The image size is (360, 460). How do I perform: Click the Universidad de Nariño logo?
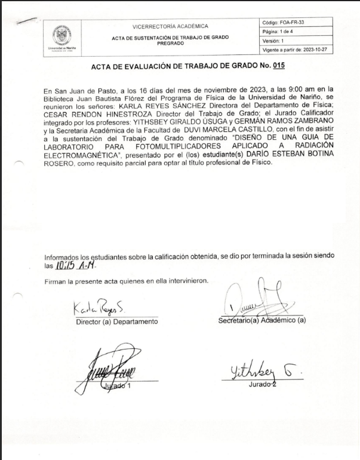click(x=62, y=35)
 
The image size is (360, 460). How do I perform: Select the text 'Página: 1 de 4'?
click(x=279, y=31)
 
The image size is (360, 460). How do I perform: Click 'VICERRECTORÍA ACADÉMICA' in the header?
click(x=170, y=26)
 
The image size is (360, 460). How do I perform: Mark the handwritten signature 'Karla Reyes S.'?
click(x=99, y=309)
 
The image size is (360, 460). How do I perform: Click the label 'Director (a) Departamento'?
click(x=116, y=322)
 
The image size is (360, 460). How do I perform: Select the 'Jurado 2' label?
click(x=263, y=384)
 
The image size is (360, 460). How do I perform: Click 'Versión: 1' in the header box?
click(x=275, y=40)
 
